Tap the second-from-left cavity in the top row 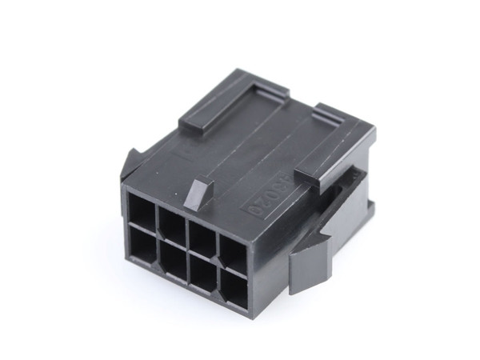click(172, 223)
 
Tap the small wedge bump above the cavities click(199, 192)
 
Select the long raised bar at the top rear click(232, 101)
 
